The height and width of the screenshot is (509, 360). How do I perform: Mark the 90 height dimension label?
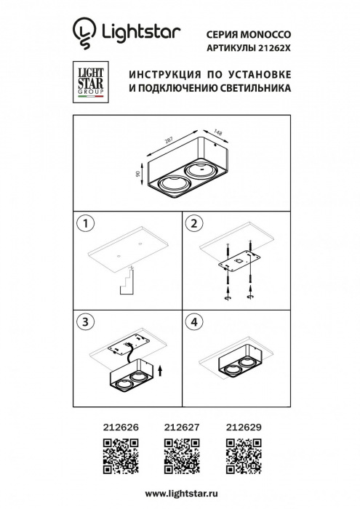pyautogui.click(x=137, y=175)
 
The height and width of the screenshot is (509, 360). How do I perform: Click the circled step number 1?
pyautogui.click(x=86, y=223)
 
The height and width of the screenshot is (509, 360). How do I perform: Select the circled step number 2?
pyautogui.click(x=193, y=223)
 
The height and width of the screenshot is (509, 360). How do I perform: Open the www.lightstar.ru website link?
pyautogui.click(x=180, y=492)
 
